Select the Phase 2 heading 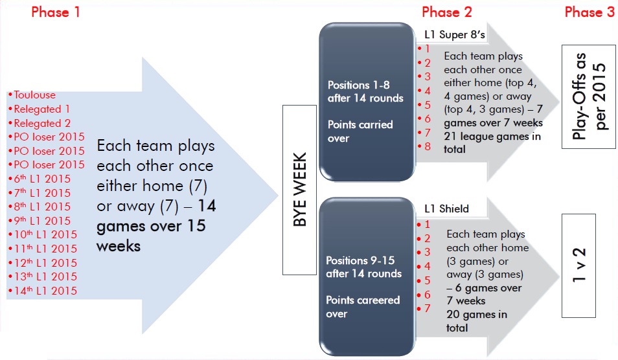coord(447,12)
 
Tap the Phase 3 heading coord(589,12)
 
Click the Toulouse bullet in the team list coord(34,95)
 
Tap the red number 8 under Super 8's coord(428,147)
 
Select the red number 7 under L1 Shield coord(427,309)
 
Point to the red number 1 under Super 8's coord(428,49)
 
